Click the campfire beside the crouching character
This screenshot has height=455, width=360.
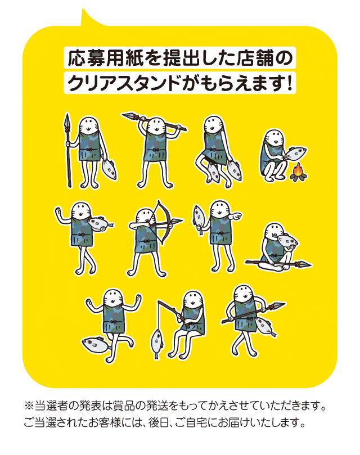299,172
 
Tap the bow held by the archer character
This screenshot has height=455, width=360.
165,220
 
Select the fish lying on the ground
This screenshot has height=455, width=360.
96,345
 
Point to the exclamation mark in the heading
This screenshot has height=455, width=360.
289,83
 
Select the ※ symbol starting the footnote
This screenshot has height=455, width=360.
29,406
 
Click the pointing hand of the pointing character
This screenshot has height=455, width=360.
237,215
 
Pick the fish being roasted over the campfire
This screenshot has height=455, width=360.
295,154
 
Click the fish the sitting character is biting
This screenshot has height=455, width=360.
287,241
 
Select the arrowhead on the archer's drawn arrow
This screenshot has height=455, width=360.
177,222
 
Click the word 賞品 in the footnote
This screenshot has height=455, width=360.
124,406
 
